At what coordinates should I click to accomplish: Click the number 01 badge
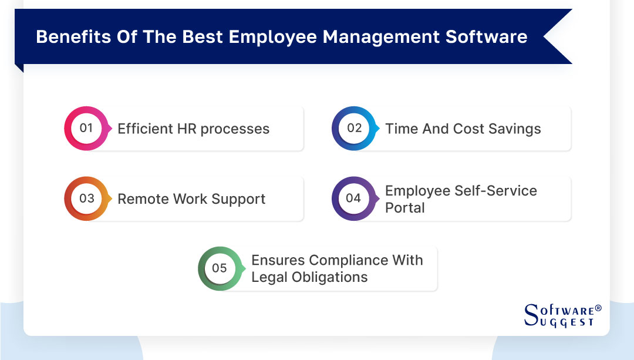click(86, 129)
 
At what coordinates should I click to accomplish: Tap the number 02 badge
click(354, 129)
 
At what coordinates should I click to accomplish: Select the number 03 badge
click(86, 198)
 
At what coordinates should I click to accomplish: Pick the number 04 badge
click(353, 198)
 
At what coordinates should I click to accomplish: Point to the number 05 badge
click(220, 268)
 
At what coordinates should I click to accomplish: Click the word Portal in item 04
click(405, 207)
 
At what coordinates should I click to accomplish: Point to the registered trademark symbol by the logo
click(598, 308)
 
